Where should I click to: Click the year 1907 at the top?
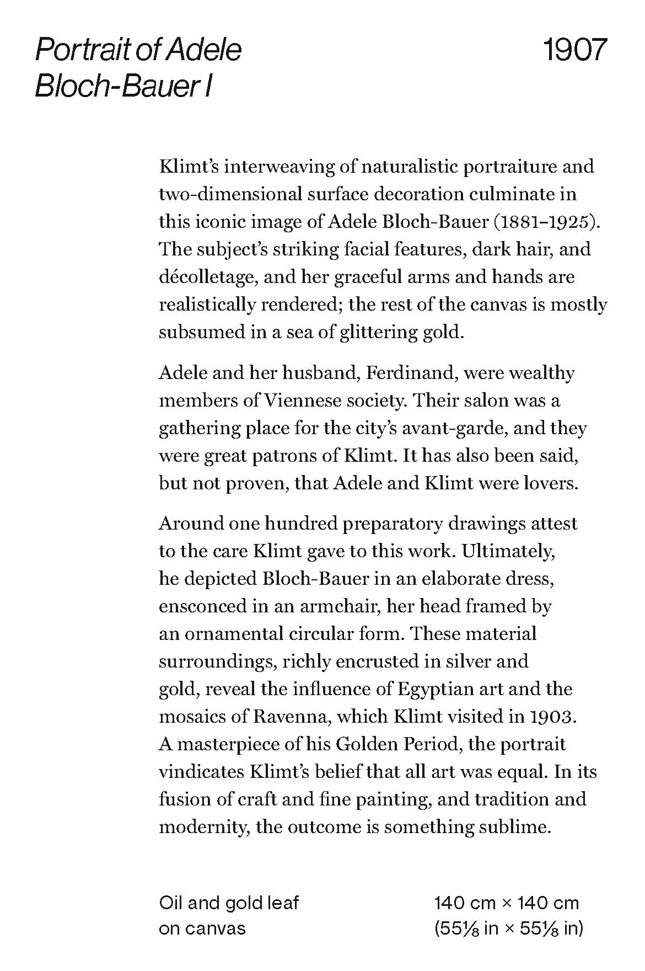574,50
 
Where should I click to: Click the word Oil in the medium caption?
171,903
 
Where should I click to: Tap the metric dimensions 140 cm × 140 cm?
507,903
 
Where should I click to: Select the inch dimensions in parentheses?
508,929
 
